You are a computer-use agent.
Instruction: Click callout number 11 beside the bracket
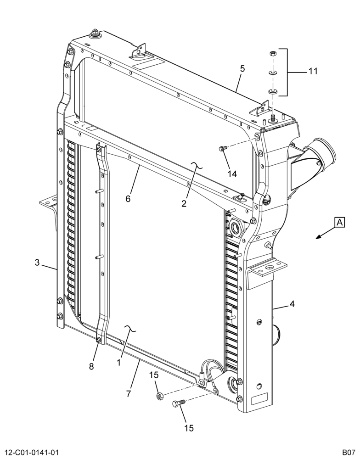(313, 71)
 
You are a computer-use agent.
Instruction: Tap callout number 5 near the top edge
(242, 69)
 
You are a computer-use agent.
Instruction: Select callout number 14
(232, 174)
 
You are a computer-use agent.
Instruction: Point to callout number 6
(128, 198)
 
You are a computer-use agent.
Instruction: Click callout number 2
(184, 203)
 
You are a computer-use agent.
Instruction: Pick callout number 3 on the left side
(37, 263)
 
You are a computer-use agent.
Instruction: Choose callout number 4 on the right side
(292, 304)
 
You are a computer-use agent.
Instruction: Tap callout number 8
(91, 366)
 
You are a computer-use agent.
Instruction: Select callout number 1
(118, 363)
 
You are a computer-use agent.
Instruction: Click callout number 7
(128, 394)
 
